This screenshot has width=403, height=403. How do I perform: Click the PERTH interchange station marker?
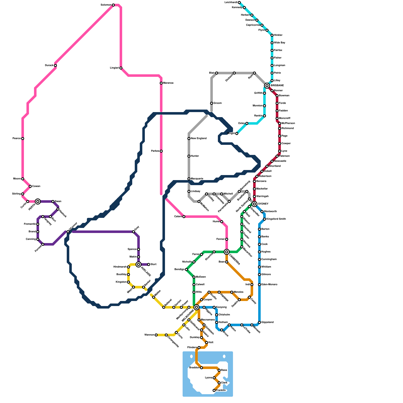38,201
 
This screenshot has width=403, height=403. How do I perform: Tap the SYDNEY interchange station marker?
254,204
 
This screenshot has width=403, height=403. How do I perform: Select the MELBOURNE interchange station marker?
196,307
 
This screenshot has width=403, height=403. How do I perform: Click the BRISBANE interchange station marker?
267,86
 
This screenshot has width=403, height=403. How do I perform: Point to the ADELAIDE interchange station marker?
138,264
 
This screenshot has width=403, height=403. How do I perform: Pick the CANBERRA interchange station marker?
227,252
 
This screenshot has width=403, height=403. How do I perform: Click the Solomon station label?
106,5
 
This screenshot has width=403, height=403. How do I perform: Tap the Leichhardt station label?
231,3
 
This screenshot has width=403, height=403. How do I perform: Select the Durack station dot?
55,65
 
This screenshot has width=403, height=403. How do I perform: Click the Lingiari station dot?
121,68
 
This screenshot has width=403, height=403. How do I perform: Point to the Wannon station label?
149,335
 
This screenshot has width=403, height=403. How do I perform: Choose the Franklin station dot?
214,390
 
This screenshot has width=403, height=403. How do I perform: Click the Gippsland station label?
267,322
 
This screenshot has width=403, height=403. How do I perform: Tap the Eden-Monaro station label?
269,285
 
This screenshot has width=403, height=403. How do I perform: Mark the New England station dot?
189,139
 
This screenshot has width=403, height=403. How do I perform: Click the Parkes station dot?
161,151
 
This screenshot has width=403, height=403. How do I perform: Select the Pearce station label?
17,139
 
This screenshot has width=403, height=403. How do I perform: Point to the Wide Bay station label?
280,43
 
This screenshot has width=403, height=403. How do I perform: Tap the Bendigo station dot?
186,270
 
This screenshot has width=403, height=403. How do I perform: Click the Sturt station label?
153,264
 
